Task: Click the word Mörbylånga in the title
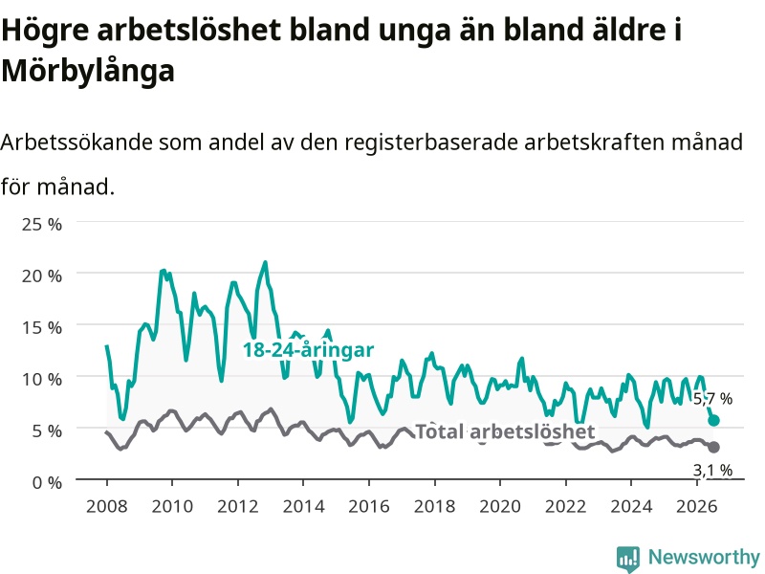(88, 71)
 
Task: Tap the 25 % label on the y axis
(42, 225)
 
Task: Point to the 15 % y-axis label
(42, 327)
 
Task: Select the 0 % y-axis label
(47, 483)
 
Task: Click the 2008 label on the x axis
(107, 506)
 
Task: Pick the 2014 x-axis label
(303, 506)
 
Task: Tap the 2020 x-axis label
(500, 506)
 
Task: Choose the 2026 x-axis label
(697, 506)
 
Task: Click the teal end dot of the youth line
(713, 420)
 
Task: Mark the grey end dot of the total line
(713, 447)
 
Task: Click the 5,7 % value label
(712, 399)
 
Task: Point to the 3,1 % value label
(712, 470)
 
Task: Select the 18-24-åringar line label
(308, 350)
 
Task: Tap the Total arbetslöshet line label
(505, 431)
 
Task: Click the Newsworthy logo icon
(628, 559)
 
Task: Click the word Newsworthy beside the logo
(704, 557)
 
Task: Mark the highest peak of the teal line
(265, 262)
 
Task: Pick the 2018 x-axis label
(435, 506)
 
